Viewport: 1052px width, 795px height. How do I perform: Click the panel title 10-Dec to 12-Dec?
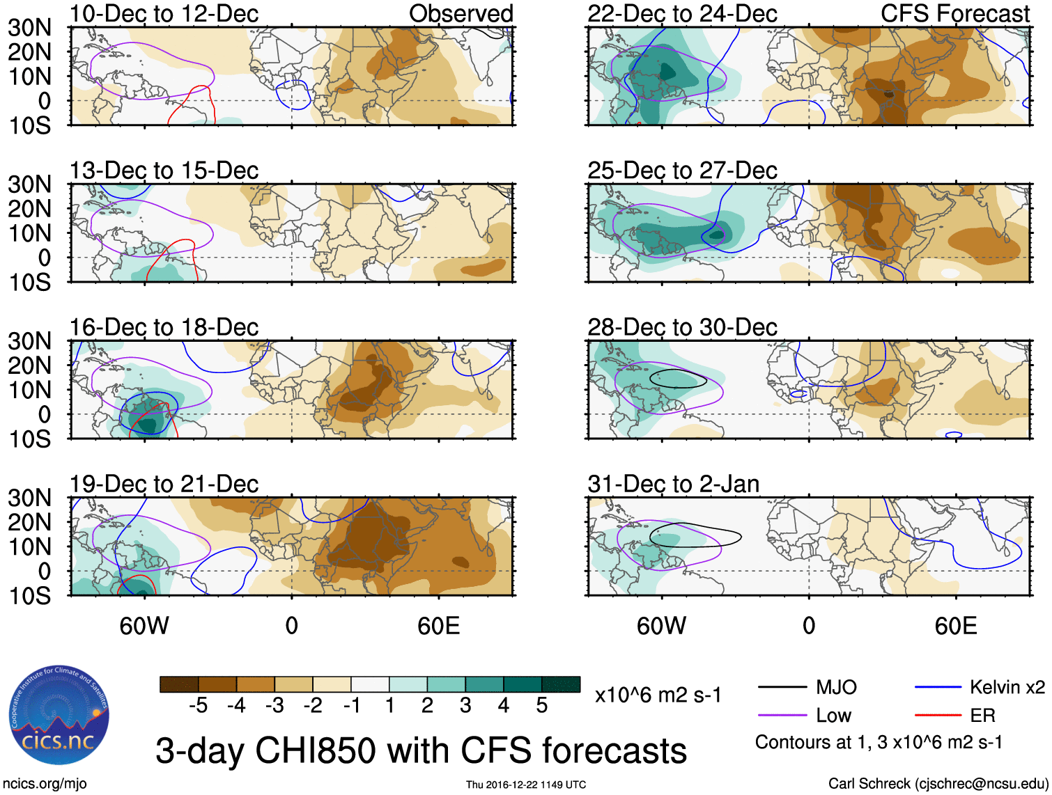164,13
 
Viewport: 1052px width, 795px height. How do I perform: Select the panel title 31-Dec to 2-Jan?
673,484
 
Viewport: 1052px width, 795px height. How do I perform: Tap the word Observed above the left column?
461,13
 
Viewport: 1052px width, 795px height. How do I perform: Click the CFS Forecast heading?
954,13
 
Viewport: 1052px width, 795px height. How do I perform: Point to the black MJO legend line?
782,688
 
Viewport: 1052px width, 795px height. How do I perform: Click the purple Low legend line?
782,716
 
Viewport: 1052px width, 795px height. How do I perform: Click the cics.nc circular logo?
59,715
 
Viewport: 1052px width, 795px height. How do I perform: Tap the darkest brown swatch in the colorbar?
179,684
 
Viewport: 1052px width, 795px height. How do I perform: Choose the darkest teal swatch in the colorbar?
561,684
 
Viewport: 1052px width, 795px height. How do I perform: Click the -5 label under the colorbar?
198,706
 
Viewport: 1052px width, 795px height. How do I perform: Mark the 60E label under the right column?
955,626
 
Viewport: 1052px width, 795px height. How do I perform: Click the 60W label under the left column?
144,626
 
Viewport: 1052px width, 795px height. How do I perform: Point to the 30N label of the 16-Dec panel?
30,341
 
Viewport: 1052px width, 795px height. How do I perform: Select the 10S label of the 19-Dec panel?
30,596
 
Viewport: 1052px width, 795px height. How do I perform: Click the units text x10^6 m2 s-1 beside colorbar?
658,695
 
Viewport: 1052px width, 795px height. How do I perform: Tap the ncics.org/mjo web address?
45,784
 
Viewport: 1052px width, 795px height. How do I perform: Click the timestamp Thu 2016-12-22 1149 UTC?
526,785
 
